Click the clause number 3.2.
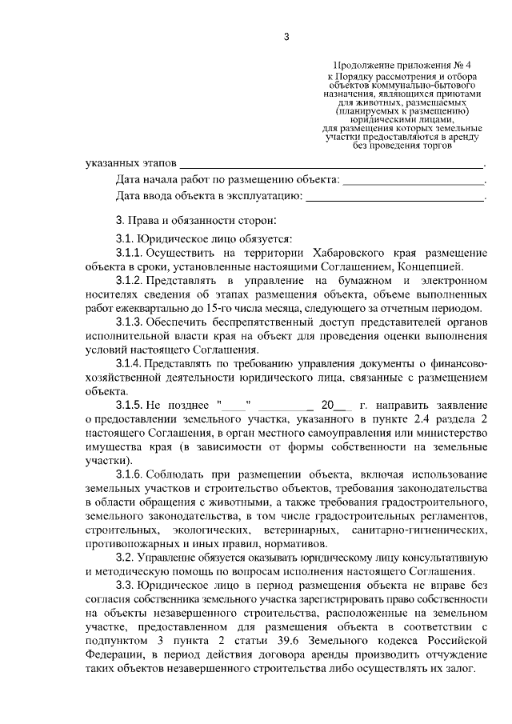[124, 557]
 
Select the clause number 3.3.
[124, 585]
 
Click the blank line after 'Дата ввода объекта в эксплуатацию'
[395, 194]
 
